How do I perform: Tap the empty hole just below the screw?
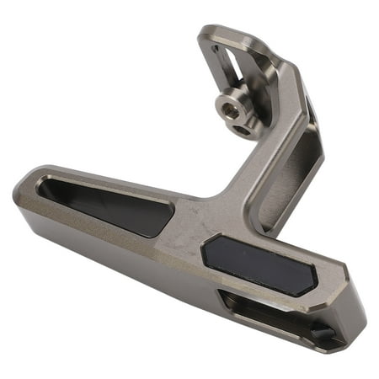[x=244, y=130]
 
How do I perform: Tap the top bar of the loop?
[x=232, y=38]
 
